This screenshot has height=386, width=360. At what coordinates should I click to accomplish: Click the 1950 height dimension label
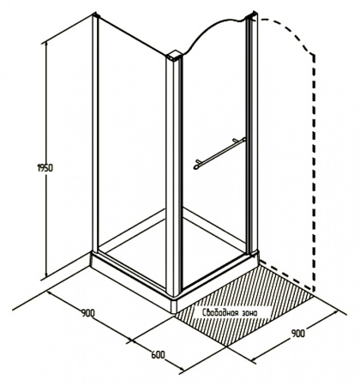45,168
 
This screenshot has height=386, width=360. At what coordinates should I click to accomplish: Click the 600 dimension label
158,355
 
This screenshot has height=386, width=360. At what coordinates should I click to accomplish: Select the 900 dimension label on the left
87,313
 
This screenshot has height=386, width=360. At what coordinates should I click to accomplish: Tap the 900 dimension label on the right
298,334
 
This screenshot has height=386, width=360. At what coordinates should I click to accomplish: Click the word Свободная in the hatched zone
219,313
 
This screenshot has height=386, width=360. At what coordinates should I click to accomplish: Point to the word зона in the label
249,313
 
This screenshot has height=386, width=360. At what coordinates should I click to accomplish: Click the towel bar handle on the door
219,154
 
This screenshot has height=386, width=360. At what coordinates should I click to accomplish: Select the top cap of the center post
174,56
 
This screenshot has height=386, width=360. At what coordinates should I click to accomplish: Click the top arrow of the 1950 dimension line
45,43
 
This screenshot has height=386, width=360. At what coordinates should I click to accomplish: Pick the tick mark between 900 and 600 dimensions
131,340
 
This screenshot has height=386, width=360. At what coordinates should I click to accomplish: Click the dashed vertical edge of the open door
314,172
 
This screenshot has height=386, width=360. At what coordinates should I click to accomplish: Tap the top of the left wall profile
95,15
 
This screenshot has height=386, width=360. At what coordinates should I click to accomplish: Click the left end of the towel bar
196,166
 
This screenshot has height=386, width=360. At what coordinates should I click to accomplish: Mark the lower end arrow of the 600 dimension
181,371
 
